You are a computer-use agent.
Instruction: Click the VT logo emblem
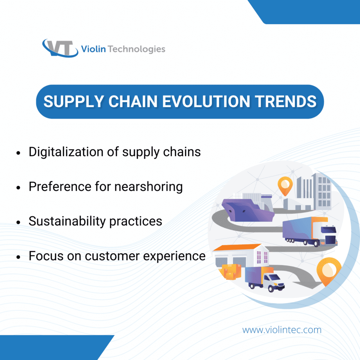click(60, 48)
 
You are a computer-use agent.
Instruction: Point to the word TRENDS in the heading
click(288, 102)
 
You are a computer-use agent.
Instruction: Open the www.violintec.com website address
click(282, 330)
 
